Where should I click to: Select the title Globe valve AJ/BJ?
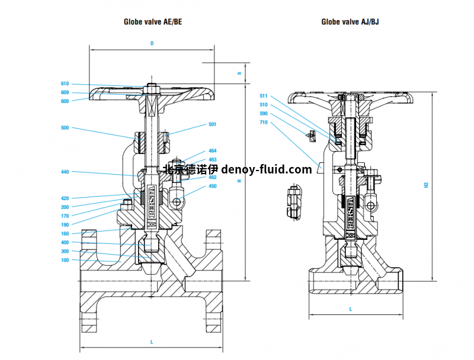click(350, 22)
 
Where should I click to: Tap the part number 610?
click(65, 84)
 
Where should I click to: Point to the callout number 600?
click(65, 101)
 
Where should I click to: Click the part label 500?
click(65, 128)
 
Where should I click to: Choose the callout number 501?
click(212, 124)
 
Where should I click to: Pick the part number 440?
click(65, 172)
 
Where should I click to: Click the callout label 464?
click(212, 151)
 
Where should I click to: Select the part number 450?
click(212, 186)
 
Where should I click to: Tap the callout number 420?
click(65, 198)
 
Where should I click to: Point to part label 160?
click(65, 234)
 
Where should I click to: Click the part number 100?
click(65, 260)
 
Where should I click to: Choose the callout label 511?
click(264, 95)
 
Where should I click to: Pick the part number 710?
click(264, 122)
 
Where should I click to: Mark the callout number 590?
click(264, 113)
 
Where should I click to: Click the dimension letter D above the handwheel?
click(152, 43)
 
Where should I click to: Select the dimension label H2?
click(426, 185)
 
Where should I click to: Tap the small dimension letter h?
click(239, 73)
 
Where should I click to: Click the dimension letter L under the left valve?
click(152, 342)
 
